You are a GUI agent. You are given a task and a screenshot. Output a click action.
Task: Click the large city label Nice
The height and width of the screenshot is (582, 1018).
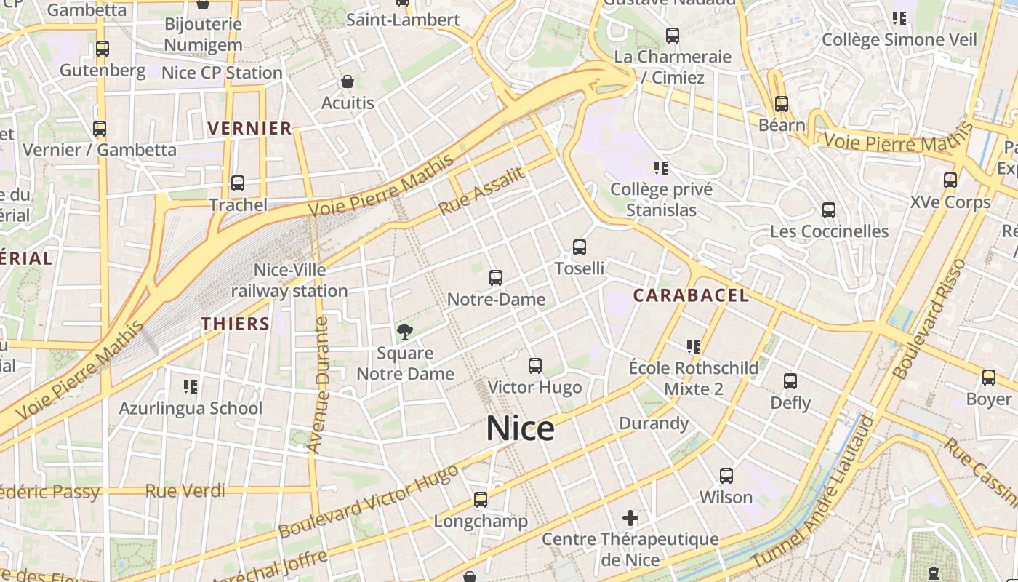pyautogui.click(x=520, y=428)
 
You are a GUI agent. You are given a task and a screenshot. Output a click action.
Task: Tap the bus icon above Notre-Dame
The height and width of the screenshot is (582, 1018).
pyautogui.click(x=496, y=277)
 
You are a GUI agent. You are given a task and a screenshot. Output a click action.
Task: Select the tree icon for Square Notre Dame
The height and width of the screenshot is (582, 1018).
pyautogui.click(x=405, y=332)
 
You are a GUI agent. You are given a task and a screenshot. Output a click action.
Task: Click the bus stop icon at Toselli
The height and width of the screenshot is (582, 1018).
pyautogui.click(x=580, y=247)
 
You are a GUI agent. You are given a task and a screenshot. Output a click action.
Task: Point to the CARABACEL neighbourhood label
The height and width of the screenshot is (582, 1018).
pyautogui.click(x=690, y=295)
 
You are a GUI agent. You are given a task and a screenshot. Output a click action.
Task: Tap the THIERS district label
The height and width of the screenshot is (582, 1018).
pyautogui.click(x=236, y=324)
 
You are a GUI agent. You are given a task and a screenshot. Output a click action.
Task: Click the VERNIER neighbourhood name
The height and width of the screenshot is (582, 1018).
pyautogui.click(x=249, y=129)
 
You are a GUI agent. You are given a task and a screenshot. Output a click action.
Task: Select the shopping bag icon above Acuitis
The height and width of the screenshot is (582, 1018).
pyautogui.click(x=348, y=81)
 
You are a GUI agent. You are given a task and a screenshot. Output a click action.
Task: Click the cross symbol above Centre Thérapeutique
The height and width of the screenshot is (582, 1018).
pyautogui.click(x=630, y=518)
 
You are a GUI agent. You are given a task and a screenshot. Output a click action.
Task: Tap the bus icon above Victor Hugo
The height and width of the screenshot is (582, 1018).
pyautogui.click(x=535, y=366)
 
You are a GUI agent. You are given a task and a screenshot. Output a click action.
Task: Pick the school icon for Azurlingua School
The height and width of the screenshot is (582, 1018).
pyautogui.click(x=191, y=386)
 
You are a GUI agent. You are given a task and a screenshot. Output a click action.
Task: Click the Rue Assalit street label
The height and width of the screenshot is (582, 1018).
pyautogui.click(x=481, y=191)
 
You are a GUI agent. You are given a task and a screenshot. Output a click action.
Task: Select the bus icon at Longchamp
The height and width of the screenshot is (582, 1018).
pyautogui.click(x=481, y=500)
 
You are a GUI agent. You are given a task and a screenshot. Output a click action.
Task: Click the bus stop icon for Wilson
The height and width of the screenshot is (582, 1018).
pyautogui.click(x=726, y=476)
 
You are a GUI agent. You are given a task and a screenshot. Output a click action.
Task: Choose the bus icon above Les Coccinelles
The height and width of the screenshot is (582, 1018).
pyautogui.click(x=828, y=210)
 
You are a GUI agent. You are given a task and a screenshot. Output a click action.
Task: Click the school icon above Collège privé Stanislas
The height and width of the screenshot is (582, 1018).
pyautogui.click(x=661, y=168)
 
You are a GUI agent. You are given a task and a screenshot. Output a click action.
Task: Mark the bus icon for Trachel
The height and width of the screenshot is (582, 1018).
pyautogui.click(x=238, y=183)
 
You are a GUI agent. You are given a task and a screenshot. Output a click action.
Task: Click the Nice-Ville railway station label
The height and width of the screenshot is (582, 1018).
pyautogui.click(x=289, y=281)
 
